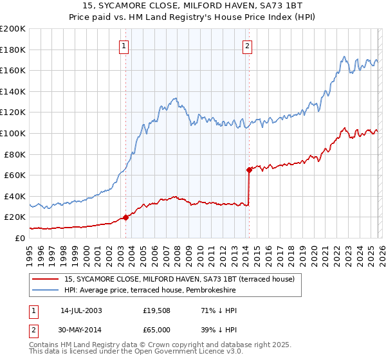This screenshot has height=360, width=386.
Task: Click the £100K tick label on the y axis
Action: click(x=13, y=133)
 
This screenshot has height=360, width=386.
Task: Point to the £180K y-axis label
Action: click(x=13, y=50)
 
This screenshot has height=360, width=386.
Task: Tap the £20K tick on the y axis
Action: click(x=15, y=217)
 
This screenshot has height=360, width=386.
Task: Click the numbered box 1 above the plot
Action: click(x=123, y=45)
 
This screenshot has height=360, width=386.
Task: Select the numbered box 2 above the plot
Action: click(x=247, y=45)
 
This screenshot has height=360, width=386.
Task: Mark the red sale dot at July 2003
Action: click(x=126, y=217)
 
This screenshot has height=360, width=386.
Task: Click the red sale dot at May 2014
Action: click(x=249, y=170)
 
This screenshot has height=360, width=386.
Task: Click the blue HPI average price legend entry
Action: click(x=150, y=291)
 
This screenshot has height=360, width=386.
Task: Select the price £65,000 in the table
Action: click(x=156, y=329)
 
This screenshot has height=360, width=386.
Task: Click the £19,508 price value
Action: click(x=156, y=310)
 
